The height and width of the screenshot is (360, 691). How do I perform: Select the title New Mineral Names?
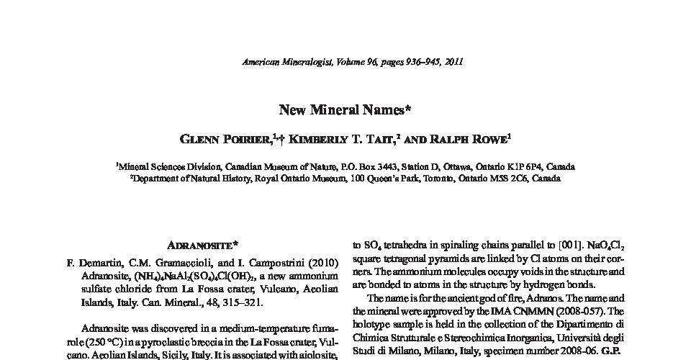[345, 110]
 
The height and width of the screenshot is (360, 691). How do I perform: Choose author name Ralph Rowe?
[438, 138]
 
